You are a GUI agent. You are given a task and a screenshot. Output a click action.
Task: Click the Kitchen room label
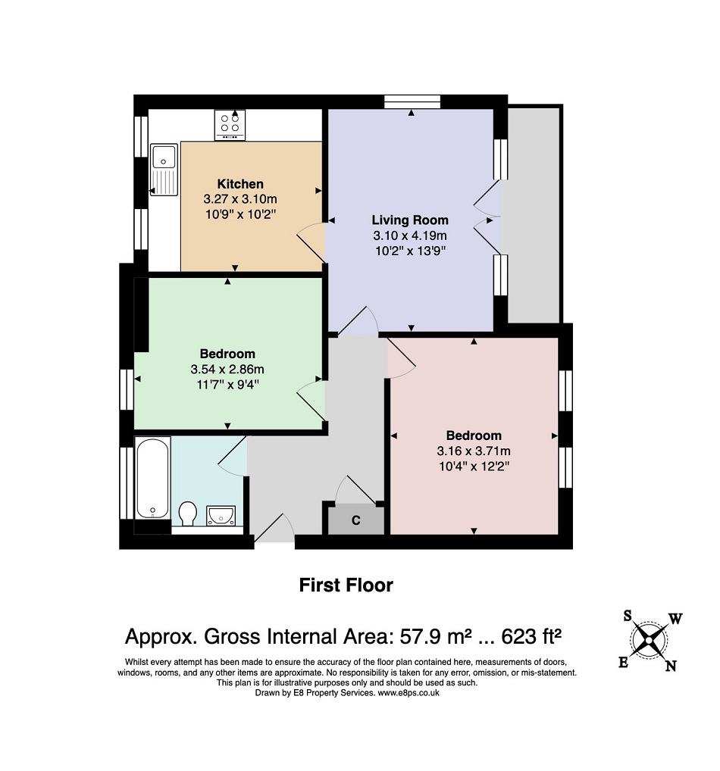[240, 184]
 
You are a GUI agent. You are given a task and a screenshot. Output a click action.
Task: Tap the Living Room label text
[410, 220]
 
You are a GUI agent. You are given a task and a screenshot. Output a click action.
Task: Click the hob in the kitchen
[230, 125]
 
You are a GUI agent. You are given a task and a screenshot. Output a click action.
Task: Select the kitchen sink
[164, 169]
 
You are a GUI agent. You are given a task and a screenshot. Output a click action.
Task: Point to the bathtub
[152, 478]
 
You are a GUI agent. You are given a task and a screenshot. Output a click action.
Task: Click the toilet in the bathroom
[187, 513]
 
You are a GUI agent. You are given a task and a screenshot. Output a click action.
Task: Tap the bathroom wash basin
[221, 515]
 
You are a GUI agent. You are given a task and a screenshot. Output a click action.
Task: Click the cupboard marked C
[355, 520]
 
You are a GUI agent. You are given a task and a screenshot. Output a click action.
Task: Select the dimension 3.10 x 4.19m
[410, 236]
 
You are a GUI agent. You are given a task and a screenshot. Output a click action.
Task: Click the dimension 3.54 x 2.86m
[227, 369]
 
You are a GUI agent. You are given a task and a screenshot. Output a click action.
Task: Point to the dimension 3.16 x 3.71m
[474, 451]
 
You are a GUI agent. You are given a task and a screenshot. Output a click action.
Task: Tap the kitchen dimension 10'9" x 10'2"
[240, 214]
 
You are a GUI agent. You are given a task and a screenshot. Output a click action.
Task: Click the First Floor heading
[346, 585]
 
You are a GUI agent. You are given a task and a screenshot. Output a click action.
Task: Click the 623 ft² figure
[531, 636]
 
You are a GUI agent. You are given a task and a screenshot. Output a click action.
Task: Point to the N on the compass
[671, 666]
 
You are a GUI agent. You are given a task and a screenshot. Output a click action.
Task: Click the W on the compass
[675, 619]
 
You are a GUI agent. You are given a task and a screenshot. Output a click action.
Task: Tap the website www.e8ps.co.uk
[408, 693]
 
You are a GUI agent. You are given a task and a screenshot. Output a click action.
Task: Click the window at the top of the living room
[412, 101]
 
